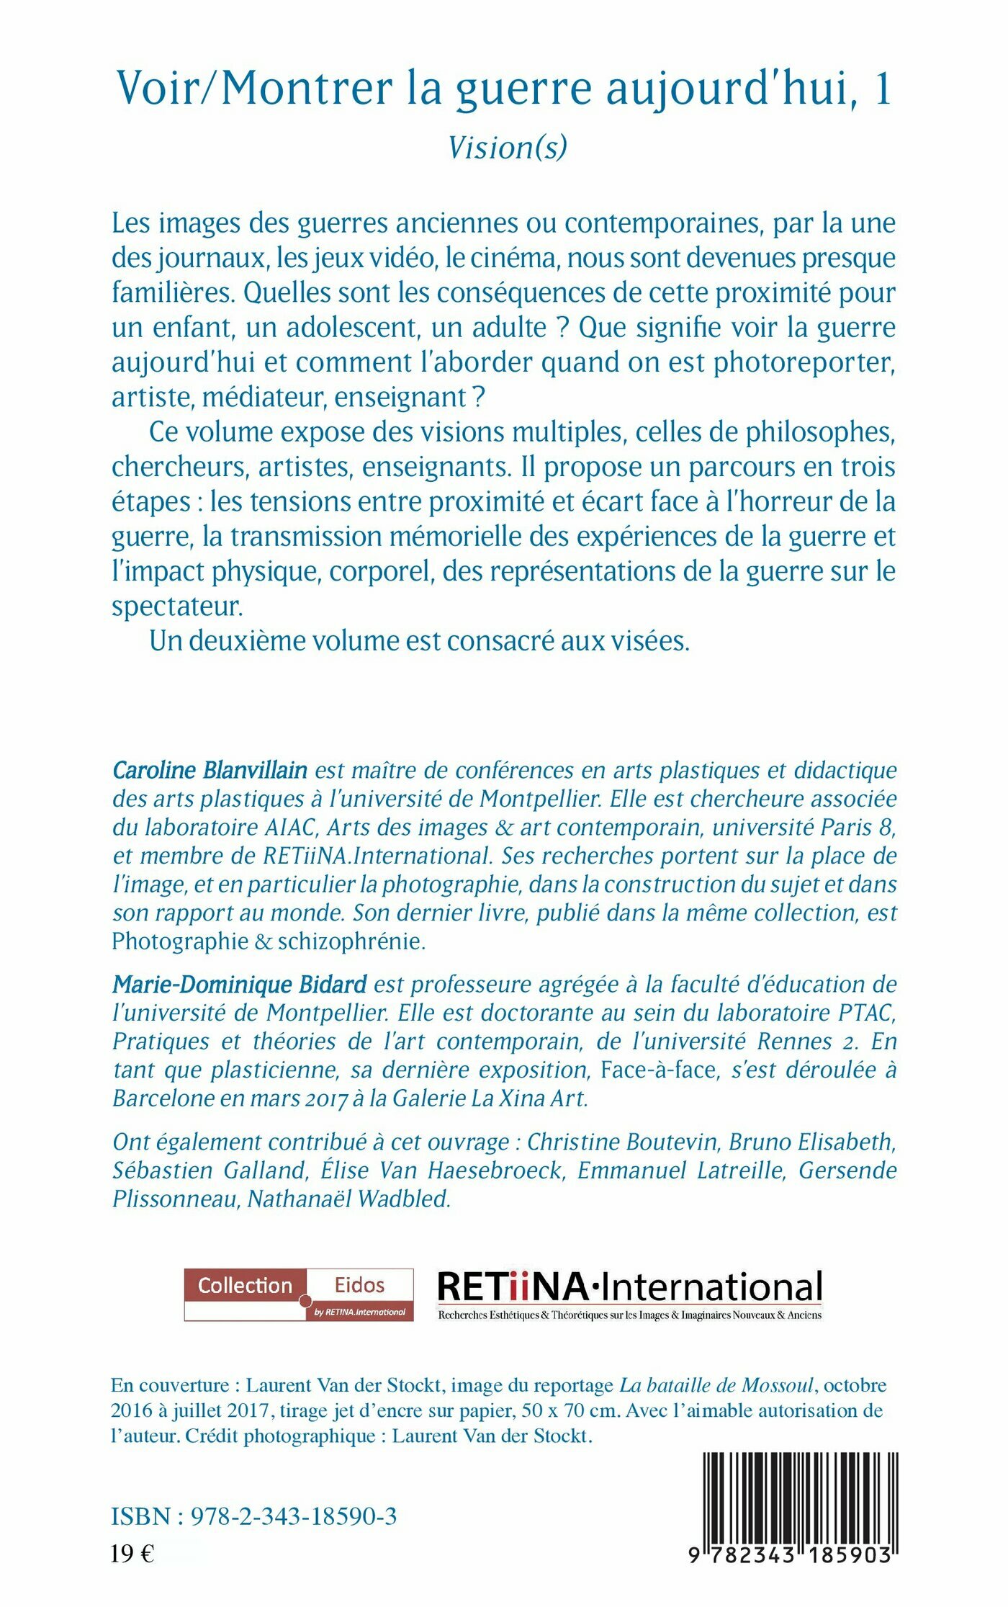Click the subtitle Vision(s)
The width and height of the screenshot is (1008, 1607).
[508, 148]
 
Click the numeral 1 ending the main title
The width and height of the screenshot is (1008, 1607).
[883, 89]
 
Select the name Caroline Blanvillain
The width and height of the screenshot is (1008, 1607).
[210, 770]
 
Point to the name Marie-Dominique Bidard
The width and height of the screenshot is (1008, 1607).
[239, 984]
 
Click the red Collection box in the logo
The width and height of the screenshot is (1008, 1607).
[246, 1286]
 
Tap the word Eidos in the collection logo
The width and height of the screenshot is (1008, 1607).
[359, 1285]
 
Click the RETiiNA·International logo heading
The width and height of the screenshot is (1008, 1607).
[629, 1287]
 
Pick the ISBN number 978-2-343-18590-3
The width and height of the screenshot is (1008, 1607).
[293, 1516]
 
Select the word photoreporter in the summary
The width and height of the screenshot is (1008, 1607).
[804, 362]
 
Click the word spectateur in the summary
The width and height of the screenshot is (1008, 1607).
[176, 606]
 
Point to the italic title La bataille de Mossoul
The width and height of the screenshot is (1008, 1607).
[717, 1385]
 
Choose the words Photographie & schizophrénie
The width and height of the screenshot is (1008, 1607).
[269, 941]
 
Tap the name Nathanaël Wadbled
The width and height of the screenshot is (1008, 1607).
[349, 1199]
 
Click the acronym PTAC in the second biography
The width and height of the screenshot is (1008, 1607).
[867, 1013]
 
